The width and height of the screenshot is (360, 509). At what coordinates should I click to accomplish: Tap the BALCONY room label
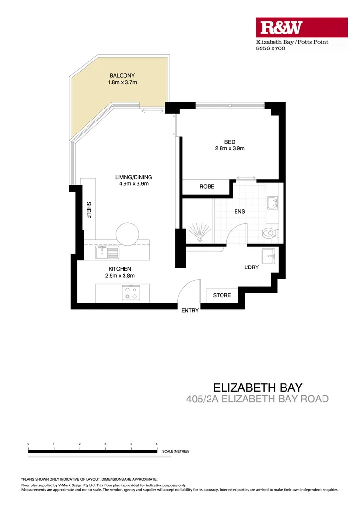click(122, 76)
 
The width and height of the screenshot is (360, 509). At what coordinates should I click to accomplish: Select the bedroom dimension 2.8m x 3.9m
click(230, 149)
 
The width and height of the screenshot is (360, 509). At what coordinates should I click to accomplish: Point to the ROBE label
click(207, 187)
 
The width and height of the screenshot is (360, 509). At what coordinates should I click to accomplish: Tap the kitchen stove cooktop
click(130, 292)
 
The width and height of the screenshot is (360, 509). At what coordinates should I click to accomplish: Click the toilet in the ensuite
click(269, 234)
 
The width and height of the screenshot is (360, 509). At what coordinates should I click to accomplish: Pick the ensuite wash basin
click(273, 202)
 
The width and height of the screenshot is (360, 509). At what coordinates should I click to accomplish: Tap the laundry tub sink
click(268, 254)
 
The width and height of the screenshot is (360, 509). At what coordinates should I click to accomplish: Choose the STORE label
click(222, 295)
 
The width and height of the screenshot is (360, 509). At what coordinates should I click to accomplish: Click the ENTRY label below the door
click(190, 311)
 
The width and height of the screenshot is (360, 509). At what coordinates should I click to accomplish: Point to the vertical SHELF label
click(89, 210)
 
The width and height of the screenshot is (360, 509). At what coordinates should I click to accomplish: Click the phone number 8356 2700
click(270, 48)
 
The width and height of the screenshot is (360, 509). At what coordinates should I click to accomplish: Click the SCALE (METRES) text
click(175, 451)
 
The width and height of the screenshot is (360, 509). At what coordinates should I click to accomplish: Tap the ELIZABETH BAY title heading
click(258, 387)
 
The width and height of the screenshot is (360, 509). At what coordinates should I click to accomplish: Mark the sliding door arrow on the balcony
click(153, 111)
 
